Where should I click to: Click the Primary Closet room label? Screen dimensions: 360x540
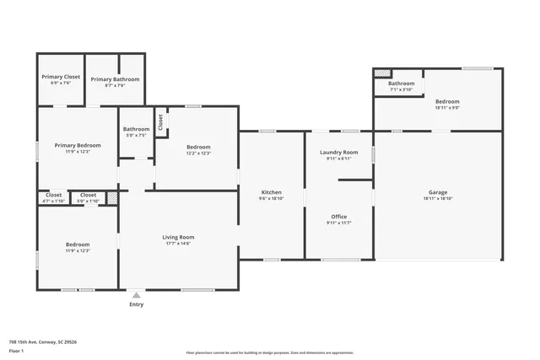(x=61, y=77)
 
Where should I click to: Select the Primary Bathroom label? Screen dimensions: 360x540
(x=115, y=79)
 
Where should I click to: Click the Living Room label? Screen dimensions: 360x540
(x=178, y=237)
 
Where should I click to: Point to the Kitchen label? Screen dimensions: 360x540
(x=271, y=192)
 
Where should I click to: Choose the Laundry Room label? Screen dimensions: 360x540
(x=338, y=152)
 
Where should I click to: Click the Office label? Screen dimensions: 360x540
(x=338, y=217)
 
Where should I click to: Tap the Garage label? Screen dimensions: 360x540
(x=437, y=192)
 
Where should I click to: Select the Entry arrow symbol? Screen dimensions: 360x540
(x=136, y=295)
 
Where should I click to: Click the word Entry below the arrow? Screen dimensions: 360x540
(x=136, y=304)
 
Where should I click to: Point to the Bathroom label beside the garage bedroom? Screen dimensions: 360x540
(x=401, y=83)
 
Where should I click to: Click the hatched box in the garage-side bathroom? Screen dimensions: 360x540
(x=382, y=73)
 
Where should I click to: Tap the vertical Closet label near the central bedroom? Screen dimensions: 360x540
(x=160, y=122)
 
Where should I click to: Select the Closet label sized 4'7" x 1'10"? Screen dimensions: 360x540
(x=53, y=195)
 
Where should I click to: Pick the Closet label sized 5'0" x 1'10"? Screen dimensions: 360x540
(x=88, y=195)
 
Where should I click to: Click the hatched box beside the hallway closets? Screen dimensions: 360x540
(x=111, y=198)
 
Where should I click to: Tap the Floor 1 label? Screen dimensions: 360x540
(x=16, y=350)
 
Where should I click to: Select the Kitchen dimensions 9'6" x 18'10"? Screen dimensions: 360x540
(x=271, y=199)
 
